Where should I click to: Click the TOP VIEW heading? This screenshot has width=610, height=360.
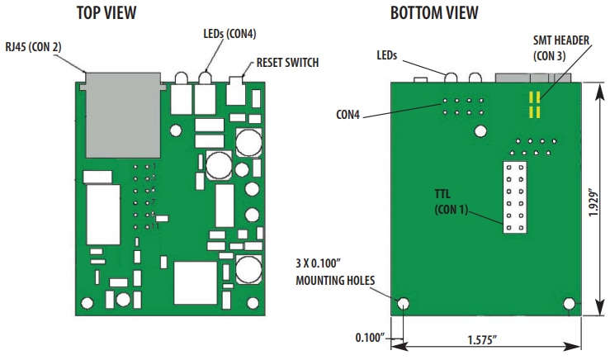pyautogui.click(x=106, y=13)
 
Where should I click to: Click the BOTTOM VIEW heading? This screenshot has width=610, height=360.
pyautogui.click(x=433, y=13)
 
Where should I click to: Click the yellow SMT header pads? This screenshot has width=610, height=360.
pyautogui.click(x=535, y=104)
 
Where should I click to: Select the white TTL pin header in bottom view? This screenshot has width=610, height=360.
pyautogui.click(x=518, y=197)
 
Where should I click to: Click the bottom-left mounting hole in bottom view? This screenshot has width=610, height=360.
pyautogui.click(x=403, y=303)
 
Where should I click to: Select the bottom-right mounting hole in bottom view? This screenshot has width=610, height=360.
pyautogui.click(x=570, y=303)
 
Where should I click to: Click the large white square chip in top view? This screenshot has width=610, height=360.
pyautogui.click(x=194, y=282)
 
